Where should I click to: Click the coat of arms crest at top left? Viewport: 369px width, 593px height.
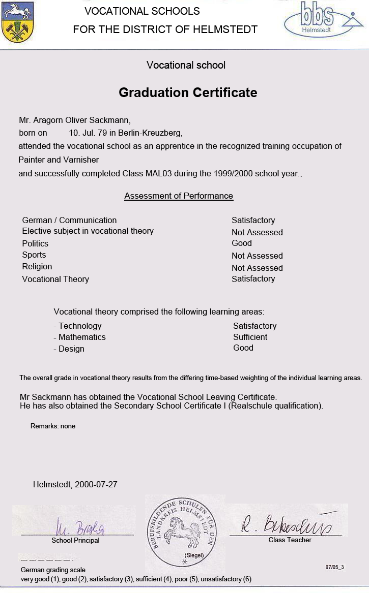click(x=18, y=23)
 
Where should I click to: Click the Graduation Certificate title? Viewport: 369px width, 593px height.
click(x=188, y=92)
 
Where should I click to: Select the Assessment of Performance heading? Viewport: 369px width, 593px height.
click(x=179, y=196)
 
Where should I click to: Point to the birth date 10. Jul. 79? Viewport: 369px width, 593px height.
click(x=89, y=133)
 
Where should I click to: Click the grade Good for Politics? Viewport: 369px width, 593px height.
click(x=242, y=243)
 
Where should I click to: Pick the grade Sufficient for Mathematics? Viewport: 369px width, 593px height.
click(x=250, y=337)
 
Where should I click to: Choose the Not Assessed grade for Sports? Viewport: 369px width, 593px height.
click(x=257, y=256)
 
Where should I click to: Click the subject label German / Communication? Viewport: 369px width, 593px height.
click(x=69, y=221)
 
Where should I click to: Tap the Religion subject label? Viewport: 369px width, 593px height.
click(x=37, y=267)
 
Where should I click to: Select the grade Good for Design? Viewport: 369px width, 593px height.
click(x=243, y=348)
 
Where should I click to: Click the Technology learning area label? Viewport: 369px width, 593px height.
click(x=79, y=326)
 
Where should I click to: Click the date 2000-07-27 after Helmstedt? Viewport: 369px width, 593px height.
click(x=96, y=485)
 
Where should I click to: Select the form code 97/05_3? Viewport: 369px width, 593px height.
click(x=334, y=567)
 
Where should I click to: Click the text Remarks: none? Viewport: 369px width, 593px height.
click(x=53, y=426)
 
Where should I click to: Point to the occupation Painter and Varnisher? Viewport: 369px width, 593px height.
click(x=59, y=160)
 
